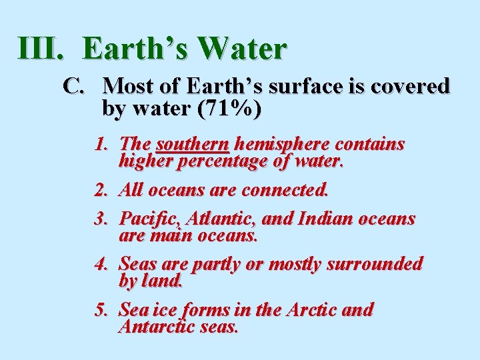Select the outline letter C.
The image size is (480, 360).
pyautogui.click(x=74, y=86)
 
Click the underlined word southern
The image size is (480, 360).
pyautogui.click(x=193, y=144)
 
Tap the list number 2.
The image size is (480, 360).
pyautogui.click(x=101, y=190)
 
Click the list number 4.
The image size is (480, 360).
pyautogui.click(x=101, y=264)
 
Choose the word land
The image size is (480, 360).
pyautogui.click(x=160, y=281)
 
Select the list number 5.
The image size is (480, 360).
pyautogui.click(x=101, y=310)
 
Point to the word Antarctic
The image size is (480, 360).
pyautogui.click(x=160, y=327)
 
